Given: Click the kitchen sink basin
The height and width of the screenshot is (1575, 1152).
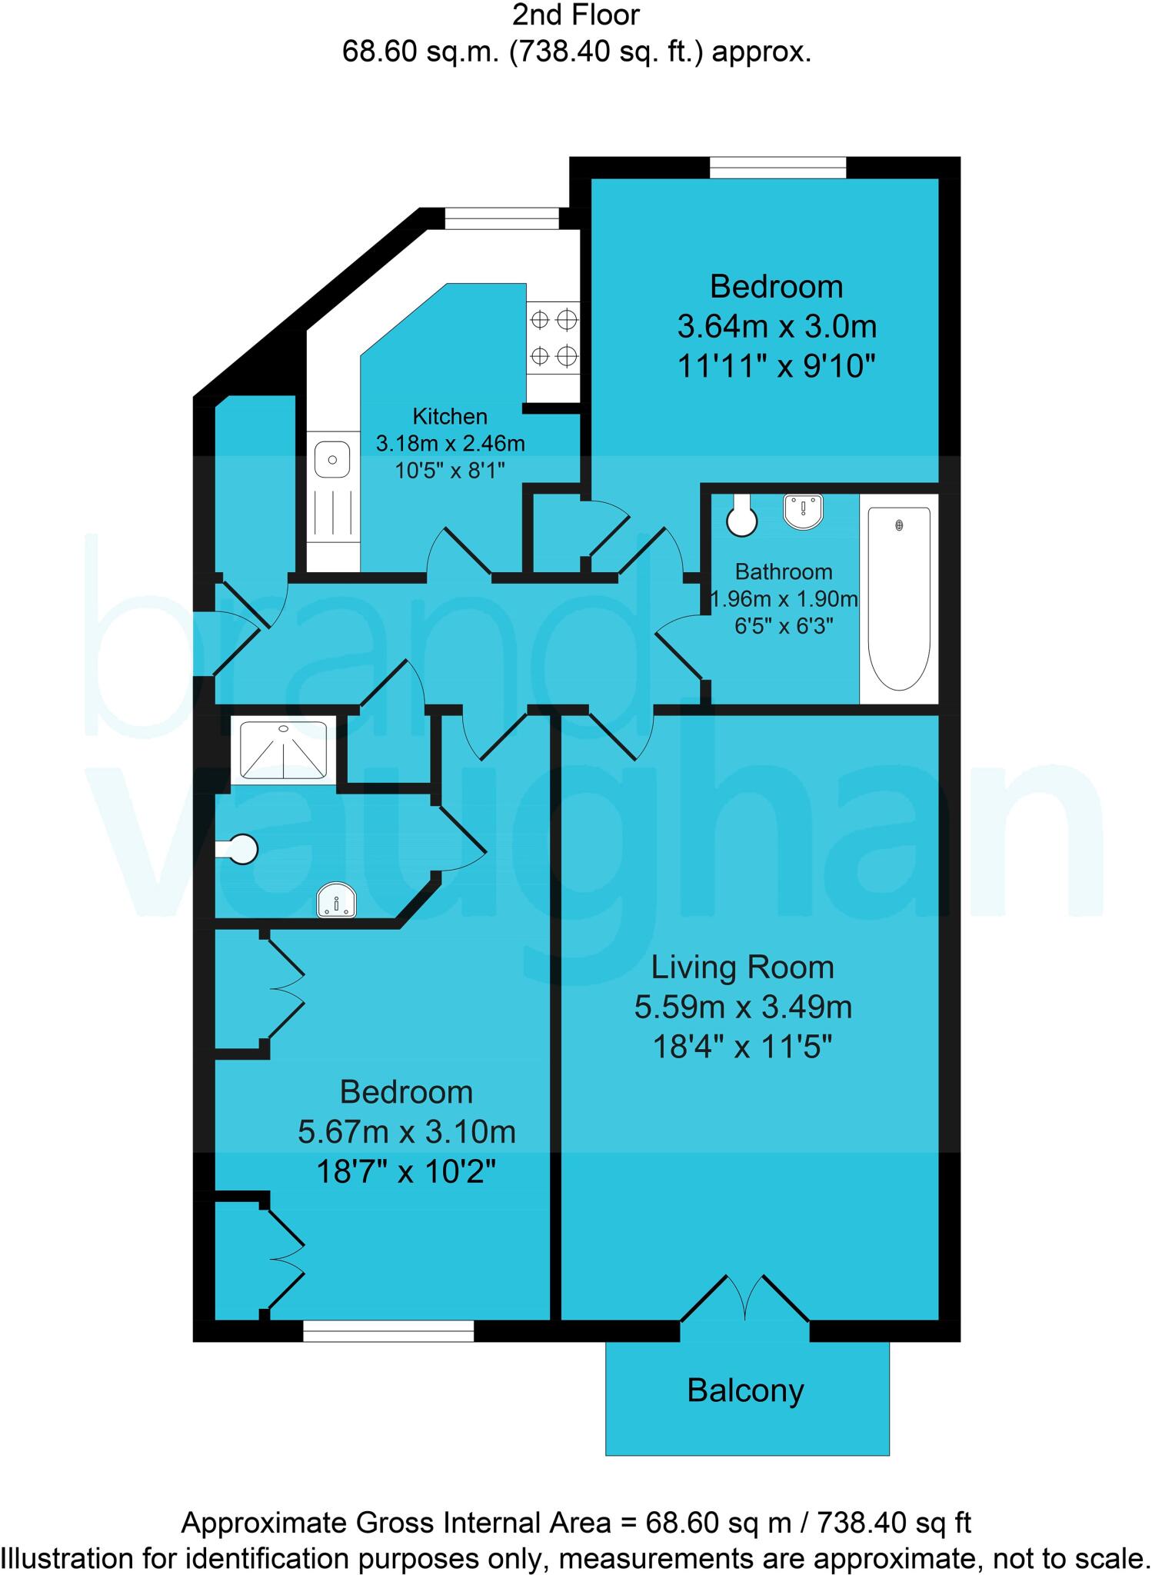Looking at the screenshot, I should (x=332, y=460).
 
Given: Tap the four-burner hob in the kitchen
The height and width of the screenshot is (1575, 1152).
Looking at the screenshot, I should (x=553, y=337).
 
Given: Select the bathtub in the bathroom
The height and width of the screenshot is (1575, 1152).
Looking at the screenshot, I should (x=899, y=598).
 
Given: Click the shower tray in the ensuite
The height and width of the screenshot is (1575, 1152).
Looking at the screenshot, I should (x=283, y=750).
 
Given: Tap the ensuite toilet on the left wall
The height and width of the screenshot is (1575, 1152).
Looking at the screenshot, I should (x=239, y=850).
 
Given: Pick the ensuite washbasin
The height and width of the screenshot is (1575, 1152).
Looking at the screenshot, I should (x=337, y=901).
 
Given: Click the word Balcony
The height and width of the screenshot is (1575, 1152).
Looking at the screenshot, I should (x=745, y=1390).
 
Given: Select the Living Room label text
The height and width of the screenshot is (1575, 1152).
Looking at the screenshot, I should (x=742, y=967).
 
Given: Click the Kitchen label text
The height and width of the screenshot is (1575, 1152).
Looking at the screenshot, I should (x=450, y=417).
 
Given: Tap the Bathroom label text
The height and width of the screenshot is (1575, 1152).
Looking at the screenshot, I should (x=783, y=572).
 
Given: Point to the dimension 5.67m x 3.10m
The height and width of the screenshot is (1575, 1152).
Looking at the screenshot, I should (x=406, y=1132).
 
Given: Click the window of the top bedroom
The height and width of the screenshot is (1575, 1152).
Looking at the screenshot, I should (x=777, y=167).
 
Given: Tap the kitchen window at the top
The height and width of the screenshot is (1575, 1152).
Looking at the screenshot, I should (x=501, y=218).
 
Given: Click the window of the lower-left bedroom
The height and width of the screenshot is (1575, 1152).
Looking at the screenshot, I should (x=388, y=1331).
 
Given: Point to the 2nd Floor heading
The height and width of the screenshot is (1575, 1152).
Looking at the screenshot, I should (x=576, y=15).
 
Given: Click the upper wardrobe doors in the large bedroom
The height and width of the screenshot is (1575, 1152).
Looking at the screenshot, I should (x=285, y=990).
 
